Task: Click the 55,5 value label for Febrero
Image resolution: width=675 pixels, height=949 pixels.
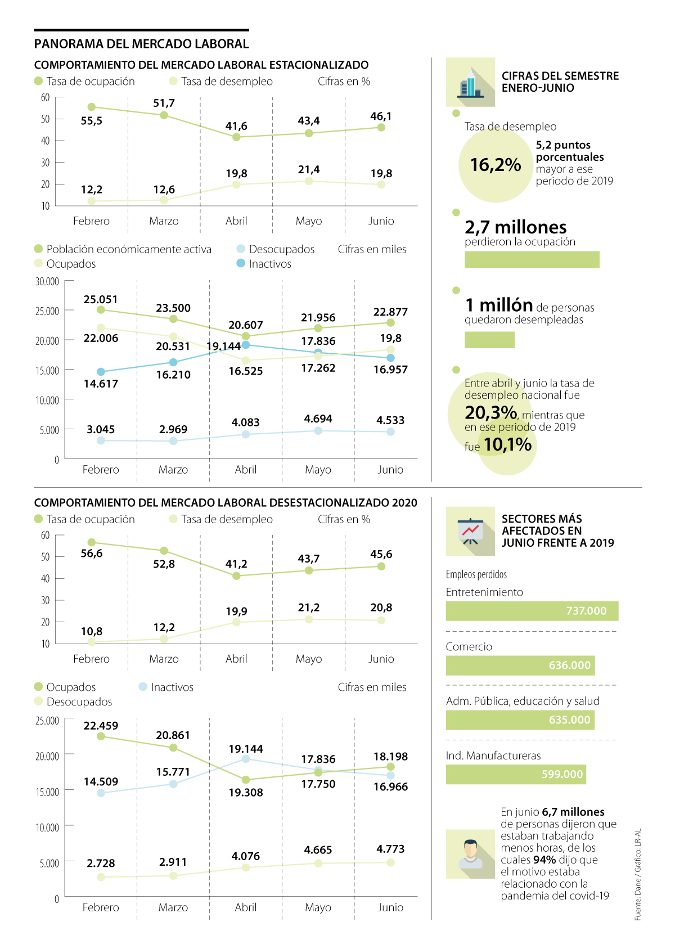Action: pyautogui.click(x=91, y=121)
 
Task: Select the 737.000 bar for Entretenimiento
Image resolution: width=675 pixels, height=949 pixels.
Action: pyautogui.click(x=532, y=611)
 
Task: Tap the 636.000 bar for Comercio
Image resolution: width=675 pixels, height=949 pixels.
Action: pyautogui.click(x=520, y=665)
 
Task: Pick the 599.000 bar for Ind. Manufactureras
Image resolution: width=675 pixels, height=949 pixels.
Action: pyautogui.click(x=515, y=775)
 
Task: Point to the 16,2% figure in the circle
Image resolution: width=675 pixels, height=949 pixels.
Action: pyautogui.click(x=495, y=165)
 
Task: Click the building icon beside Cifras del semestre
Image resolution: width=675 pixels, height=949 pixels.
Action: pyautogui.click(x=470, y=83)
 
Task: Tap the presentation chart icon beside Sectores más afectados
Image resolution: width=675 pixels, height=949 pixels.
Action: pyautogui.click(x=470, y=531)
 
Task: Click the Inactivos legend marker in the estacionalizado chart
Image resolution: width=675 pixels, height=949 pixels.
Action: pyautogui.click(x=241, y=263)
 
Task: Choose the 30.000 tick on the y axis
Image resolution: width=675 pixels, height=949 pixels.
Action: pyautogui.click(x=47, y=282)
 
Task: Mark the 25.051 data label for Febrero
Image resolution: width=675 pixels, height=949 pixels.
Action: pyautogui.click(x=101, y=300)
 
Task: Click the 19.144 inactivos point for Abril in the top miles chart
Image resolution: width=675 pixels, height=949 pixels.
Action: pyautogui.click(x=246, y=345)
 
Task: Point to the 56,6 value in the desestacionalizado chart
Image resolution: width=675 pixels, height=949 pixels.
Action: pyautogui.click(x=91, y=554)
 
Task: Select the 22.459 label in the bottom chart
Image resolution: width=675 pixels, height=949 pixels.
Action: pyautogui.click(x=101, y=726)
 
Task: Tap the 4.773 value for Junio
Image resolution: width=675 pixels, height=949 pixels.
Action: pyautogui.click(x=390, y=849)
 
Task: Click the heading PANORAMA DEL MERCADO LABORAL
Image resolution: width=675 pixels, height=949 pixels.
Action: pyautogui.click(x=141, y=44)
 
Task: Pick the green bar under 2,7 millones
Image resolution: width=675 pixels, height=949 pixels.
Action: pyautogui.click(x=532, y=259)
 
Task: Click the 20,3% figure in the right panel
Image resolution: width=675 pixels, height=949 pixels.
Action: pyautogui.click(x=490, y=413)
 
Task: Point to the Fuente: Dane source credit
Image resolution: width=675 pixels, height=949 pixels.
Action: pyautogui.click(x=637, y=875)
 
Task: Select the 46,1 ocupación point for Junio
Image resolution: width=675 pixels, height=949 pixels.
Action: pyautogui.click(x=381, y=128)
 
